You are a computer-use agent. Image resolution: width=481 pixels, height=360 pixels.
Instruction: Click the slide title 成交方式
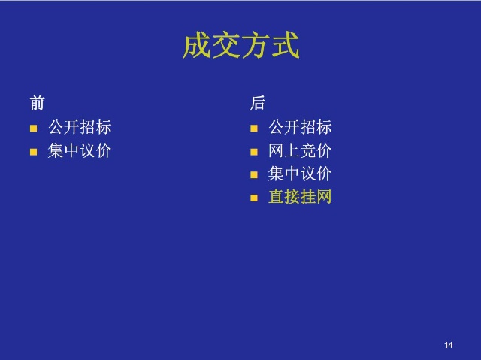click(x=241, y=45)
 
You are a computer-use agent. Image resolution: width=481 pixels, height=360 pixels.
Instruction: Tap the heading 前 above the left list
click(x=37, y=103)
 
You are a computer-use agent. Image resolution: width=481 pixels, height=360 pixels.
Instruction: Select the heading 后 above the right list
click(x=257, y=103)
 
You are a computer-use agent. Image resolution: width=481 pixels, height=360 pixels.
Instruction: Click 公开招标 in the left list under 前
click(x=80, y=127)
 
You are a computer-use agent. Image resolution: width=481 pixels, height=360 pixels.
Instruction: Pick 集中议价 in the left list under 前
click(x=80, y=150)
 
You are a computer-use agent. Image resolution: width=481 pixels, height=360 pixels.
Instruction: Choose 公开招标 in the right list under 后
click(x=300, y=127)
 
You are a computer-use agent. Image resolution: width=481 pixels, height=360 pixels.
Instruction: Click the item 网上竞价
click(x=300, y=150)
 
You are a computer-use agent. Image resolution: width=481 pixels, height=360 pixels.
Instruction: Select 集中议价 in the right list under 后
click(x=300, y=174)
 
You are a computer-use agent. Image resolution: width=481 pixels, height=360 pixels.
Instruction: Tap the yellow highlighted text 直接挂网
click(x=300, y=197)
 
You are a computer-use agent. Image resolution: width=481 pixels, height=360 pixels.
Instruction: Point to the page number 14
click(x=448, y=345)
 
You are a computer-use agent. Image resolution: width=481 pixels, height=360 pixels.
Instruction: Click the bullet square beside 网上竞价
click(x=254, y=152)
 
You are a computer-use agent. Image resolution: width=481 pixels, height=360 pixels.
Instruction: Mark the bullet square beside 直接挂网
click(x=254, y=198)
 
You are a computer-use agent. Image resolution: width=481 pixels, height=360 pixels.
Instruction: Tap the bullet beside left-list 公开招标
click(x=33, y=129)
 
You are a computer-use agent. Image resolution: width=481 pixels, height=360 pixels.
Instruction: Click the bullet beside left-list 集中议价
click(x=33, y=152)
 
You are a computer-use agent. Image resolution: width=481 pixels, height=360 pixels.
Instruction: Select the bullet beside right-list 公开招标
click(x=254, y=129)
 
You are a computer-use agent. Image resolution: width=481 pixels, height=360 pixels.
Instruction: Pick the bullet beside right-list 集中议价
click(x=254, y=175)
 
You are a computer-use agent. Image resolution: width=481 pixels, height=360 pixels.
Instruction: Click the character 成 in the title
click(x=197, y=45)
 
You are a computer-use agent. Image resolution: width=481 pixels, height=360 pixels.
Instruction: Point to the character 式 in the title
click(x=286, y=45)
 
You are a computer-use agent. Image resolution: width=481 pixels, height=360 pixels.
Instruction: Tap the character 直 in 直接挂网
click(x=276, y=197)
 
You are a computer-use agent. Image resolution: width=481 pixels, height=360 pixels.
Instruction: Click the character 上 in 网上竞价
click(x=292, y=150)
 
